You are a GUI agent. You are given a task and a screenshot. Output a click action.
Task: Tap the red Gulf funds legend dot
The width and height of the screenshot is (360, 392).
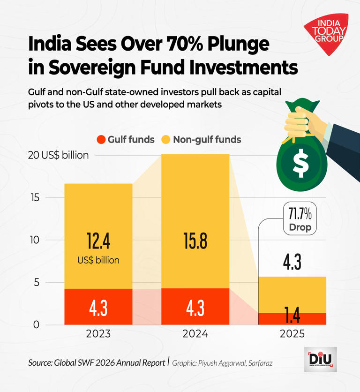point(100,139)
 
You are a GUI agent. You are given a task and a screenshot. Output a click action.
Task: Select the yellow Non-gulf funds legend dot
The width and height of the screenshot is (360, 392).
point(166,139)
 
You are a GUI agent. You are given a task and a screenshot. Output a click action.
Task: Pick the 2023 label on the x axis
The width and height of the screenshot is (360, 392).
point(98,334)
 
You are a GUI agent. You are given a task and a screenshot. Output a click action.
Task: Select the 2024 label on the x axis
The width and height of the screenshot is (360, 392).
point(195,334)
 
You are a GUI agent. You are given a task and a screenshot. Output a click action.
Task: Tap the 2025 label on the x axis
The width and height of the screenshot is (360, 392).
point(292,334)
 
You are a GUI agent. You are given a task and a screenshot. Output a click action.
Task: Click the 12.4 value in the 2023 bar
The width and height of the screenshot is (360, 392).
point(98,241)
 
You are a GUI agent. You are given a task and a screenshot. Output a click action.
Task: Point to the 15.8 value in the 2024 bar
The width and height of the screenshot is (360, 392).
point(195,241)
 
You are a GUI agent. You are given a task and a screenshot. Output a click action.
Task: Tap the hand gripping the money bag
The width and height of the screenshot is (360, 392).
point(300,120)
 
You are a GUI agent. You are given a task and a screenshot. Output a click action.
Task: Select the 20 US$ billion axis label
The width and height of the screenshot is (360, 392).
point(58,155)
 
